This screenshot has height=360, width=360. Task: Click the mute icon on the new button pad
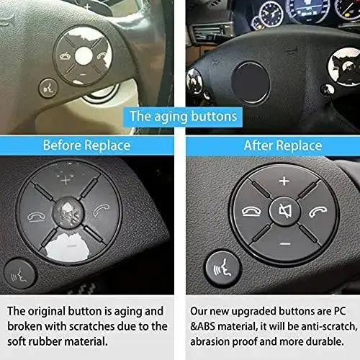pyautogui.click(x=285, y=211)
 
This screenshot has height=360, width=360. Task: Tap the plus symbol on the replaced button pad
pyautogui.click(x=284, y=181)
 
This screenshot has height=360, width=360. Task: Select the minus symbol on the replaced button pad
pyautogui.click(x=285, y=244)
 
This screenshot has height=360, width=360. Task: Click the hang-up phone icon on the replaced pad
pyautogui.click(x=251, y=212)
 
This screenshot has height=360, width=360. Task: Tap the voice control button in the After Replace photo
pyautogui.click(x=223, y=268)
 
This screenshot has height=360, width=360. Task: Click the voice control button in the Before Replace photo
pyautogui.click(x=20, y=274)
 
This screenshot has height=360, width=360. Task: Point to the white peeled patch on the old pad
pyautogui.click(x=68, y=247)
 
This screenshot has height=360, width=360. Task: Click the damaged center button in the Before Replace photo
pyautogui.click(x=68, y=212)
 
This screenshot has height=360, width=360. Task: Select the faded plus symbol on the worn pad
pyautogui.click(x=66, y=180)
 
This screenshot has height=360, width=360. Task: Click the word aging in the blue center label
pyautogui.click(x=171, y=117)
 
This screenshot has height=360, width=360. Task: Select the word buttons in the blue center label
pyautogui.click(x=214, y=116)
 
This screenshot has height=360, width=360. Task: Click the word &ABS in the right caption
pyautogui.click(x=203, y=326)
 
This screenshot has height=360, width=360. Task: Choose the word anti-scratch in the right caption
pyautogui.click(x=329, y=327)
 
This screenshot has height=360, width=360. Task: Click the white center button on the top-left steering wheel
pyautogui.click(x=84, y=55)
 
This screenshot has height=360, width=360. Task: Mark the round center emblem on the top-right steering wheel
pyautogui.click(x=251, y=82)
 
